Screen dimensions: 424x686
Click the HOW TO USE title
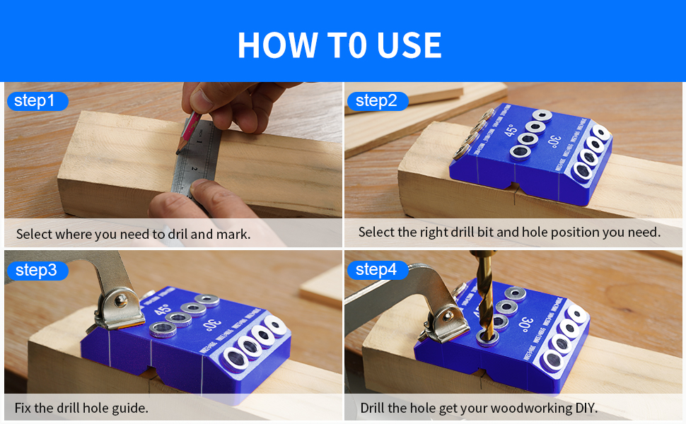pyautogui.click(x=339, y=45)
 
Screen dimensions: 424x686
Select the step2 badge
pyautogui.click(x=376, y=101)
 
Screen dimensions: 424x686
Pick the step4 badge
pyautogui.click(x=376, y=269)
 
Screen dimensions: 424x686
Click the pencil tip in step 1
pyautogui.click(x=178, y=151)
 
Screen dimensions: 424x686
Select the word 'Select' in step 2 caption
pyautogui.click(x=377, y=232)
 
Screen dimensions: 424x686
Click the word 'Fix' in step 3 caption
pyautogui.click(x=24, y=408)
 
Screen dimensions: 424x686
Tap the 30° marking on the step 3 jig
pyautogui.click(x=209, y=326)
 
